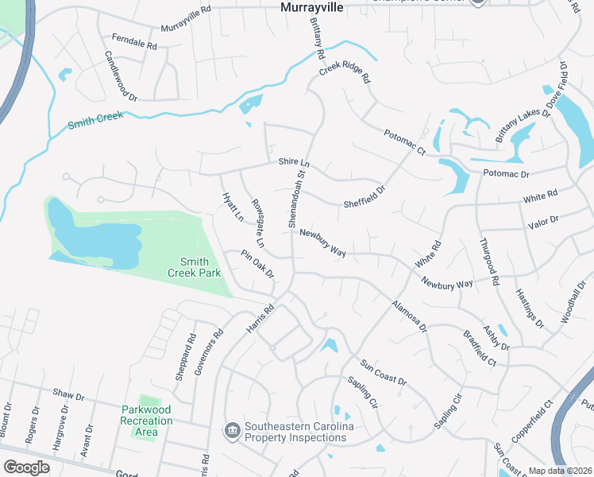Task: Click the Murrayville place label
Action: click(314, 7)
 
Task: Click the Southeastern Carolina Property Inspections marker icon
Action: click(233, 431)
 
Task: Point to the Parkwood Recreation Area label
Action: click(146, 421)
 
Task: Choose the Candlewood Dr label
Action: click(121, 76)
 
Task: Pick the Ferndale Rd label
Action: click(135, 41)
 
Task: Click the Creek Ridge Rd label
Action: click(345, 74)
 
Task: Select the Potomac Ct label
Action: click(405, 142)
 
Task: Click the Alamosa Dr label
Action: click(409, 316)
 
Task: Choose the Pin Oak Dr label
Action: click(258, 265)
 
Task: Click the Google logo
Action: click(26, 467)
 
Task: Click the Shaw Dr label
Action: click(67, 394)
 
